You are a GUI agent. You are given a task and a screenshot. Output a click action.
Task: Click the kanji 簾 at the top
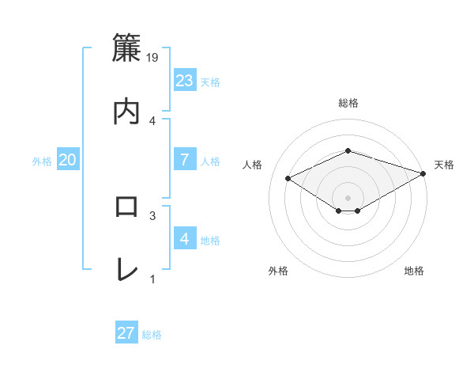pyautogui.click(x=127, y=48)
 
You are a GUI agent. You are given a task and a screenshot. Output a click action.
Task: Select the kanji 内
pyautogui.click(x=127, y=111)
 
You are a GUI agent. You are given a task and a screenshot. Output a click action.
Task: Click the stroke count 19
pyautogui.click(x=153, y=58)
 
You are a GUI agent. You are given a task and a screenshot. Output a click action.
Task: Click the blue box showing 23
pyautogui.click(x=185, y=81)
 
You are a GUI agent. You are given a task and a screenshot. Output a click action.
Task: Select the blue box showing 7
pyautogui.click(x=185, y=159)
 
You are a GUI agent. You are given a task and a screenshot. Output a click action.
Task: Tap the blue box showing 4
pyautogui.click(x=185, y=238)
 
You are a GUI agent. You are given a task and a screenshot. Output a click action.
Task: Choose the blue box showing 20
pyautogui.click(x=68, y=160)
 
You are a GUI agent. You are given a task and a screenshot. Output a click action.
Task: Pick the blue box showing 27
pyautogui.click(x=126, y=333)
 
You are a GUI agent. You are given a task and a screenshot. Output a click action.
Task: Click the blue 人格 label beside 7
pyautogui.click(x=210, y=161)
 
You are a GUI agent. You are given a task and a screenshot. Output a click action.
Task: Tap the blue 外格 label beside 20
pyautogui.click(x=42, y=161)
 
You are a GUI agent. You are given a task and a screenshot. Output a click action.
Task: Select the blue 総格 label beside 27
pyautogui.click(x=152, y=335)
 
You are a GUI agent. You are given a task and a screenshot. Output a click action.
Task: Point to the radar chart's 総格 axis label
pyautogui.click(x=348, y=103)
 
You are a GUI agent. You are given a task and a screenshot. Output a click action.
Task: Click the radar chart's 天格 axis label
pyautogui.click(x=444, y=165)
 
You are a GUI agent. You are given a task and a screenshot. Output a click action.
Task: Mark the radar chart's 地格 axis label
pyautogui.click(x=414, y=271)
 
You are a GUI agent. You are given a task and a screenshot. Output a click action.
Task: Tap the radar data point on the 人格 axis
pyautogui.click(x=288, y=177)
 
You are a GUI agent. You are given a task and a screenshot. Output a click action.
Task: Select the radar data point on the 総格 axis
pyautogui.click(x=348, y=150)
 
